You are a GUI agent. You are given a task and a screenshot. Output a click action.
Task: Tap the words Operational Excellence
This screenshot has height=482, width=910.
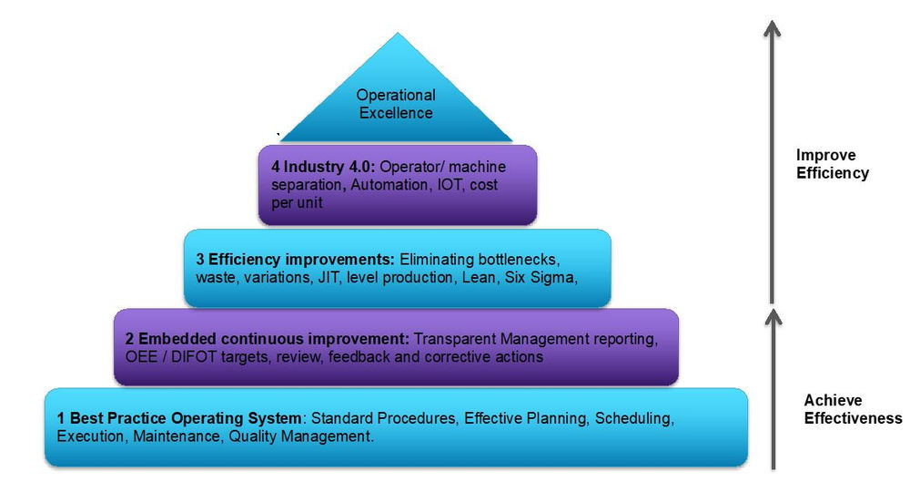click(x=396, y=104)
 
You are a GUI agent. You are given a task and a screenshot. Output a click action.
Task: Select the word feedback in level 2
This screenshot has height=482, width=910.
click(x=371, y=357)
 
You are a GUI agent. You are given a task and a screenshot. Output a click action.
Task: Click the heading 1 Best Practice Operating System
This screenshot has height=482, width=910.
click(x=179, y=418)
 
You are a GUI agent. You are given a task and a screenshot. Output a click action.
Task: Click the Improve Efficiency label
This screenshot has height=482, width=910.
click(x=832, y=164)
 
